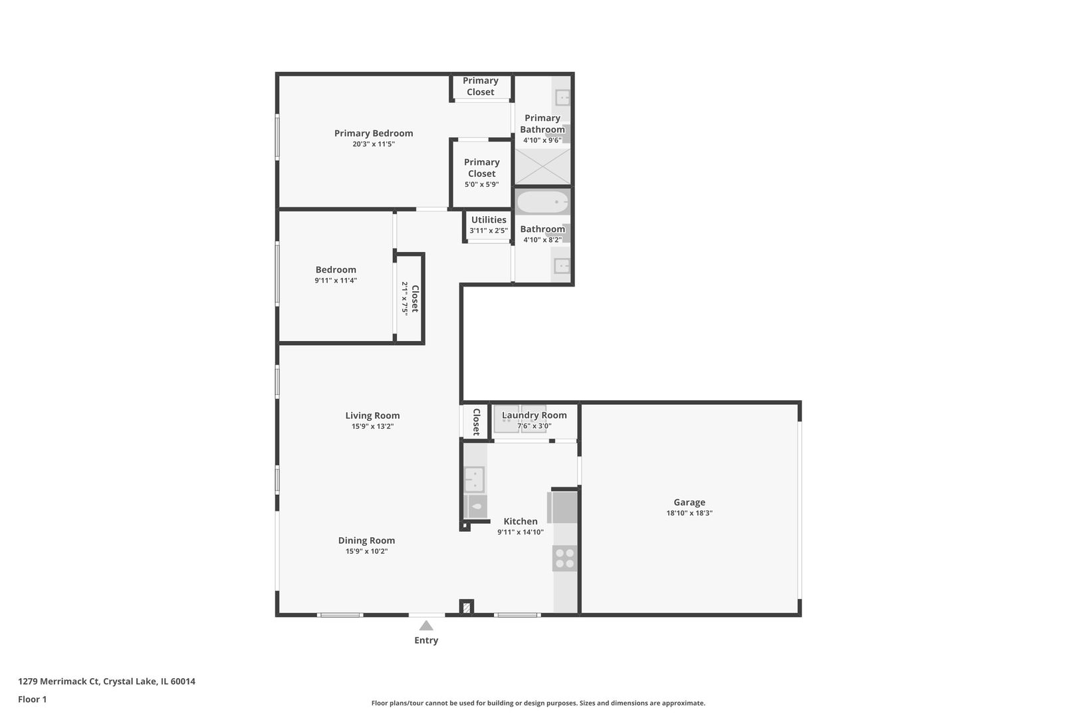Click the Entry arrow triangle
(x=426, y=626)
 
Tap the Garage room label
(x=689, y=503)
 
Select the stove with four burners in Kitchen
(x=564, y=558)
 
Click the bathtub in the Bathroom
(x=542, y=202)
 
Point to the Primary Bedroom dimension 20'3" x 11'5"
(x=374, y=144)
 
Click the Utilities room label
(x=489, y=220)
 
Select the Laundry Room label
(x=534, y=415)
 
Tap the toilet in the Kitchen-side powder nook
(x=475, y=507)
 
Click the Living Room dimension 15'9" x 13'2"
(x=372, y=427)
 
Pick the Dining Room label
(x=366, y=540)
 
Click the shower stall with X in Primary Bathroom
(x=542, y=166)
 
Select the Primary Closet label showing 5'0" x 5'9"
(x=481, y=168)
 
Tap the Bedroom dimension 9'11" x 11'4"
(x=336, y=281)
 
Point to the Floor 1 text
(x=32, y=699)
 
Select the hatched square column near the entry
(x=467, y=607)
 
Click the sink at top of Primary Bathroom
(x=562, y=98)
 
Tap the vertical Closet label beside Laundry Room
(x=476, y=422)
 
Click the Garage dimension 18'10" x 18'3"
(x=689, y=513)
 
